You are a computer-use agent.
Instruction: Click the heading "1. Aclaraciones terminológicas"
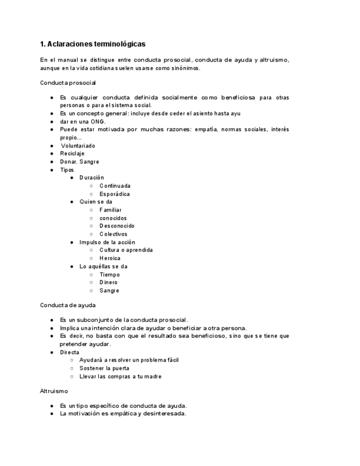tap(93, 44)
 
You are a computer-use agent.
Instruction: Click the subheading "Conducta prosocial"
tap(68, 83)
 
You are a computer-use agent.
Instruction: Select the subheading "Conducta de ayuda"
tap(68, 305)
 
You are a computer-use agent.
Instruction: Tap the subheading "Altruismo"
tap(54, 391)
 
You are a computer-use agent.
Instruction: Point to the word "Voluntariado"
tap(77, 146)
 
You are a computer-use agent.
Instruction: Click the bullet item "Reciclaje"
tap(72, 154)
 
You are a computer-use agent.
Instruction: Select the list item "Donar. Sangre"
tap(79, 162)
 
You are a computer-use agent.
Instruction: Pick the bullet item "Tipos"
tap(67, 170)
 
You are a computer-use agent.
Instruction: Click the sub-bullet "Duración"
tap(91, 178)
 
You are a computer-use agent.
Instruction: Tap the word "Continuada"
tap(115, 186)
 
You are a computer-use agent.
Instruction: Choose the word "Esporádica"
tap(114, 194)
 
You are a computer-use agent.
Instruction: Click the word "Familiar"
tap(110, 210)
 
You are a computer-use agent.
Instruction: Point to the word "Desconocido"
tap(117, 226)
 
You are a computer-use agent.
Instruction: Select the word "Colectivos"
tap(113, 234)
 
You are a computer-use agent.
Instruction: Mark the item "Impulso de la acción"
tap(107, 242)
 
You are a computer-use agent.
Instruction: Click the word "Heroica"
tap(110, 258)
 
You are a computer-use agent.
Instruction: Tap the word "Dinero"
tap(108, 282)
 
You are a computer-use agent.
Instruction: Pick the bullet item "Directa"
tap(69, 352)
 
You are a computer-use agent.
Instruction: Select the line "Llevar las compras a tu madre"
tap(120, 376)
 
